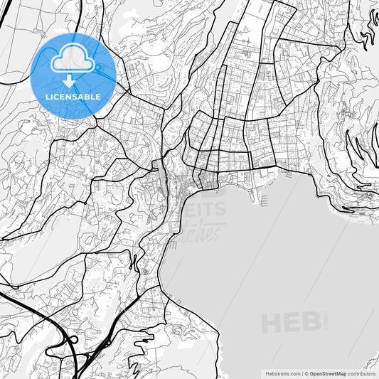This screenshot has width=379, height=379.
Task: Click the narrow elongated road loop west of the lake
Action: pos(133,263)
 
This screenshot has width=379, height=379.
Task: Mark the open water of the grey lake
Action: pos(284,256)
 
